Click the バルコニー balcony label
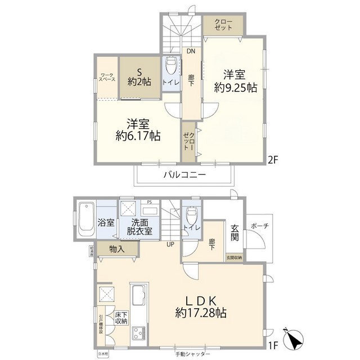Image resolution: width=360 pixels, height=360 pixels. [184, 175]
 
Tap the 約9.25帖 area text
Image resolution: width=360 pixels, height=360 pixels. [235, 88]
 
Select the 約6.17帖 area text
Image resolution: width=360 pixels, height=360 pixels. [138, 136]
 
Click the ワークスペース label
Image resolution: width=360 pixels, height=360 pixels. [107, 77]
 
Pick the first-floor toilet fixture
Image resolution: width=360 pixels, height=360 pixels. [191, 216]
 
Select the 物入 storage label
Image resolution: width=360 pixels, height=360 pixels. [118, 249]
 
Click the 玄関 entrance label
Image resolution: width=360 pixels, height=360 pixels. [235, 233]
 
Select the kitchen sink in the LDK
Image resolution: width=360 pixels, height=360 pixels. [138, 295]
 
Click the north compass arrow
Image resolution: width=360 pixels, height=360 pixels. [292, 337]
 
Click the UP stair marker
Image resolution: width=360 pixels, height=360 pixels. [169, 245]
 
